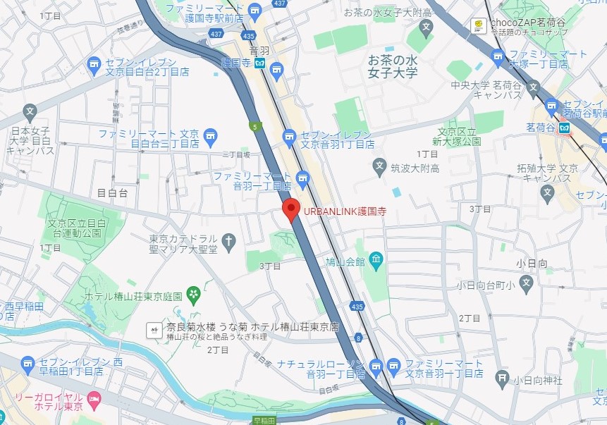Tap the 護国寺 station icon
click(x=260, y=63)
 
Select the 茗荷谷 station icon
click(x=565, y=128)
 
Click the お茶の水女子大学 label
click(x=393, y=66)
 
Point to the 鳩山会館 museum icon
click(x=376, y=261)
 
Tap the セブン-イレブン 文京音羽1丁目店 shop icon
click(x=288, y=136)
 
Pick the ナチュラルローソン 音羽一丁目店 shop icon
click(x=376, y=366)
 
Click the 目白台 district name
click(x=111, y=192)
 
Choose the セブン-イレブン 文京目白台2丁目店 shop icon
click(x=94, y=66)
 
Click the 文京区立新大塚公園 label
click(x=459, y=137)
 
